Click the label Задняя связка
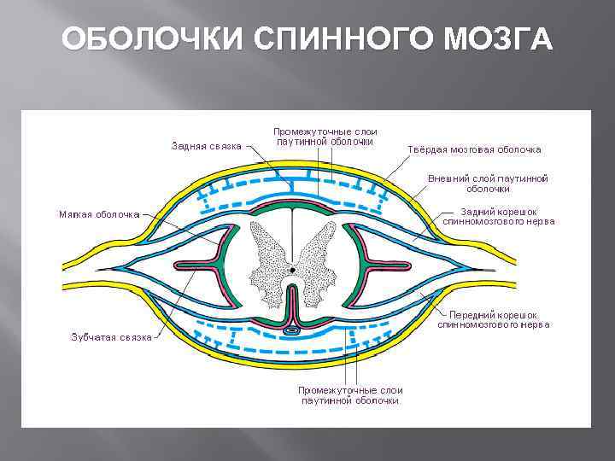[x=206, y=145]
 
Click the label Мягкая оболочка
[x=98, y=214]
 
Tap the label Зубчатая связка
[x=110, y=336]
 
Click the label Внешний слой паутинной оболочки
[x=488, y=184]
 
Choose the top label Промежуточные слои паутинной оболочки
[x=325, y=137]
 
